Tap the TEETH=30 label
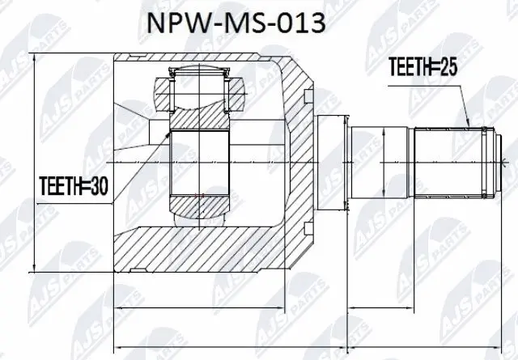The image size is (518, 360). point(74,187)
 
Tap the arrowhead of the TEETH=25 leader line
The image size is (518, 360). point(469,124)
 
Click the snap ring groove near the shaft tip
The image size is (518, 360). point(484,163)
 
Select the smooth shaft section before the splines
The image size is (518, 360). point(380,163)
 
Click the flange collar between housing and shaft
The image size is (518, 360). point(332,164)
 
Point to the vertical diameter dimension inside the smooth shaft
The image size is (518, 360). point(403,163)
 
